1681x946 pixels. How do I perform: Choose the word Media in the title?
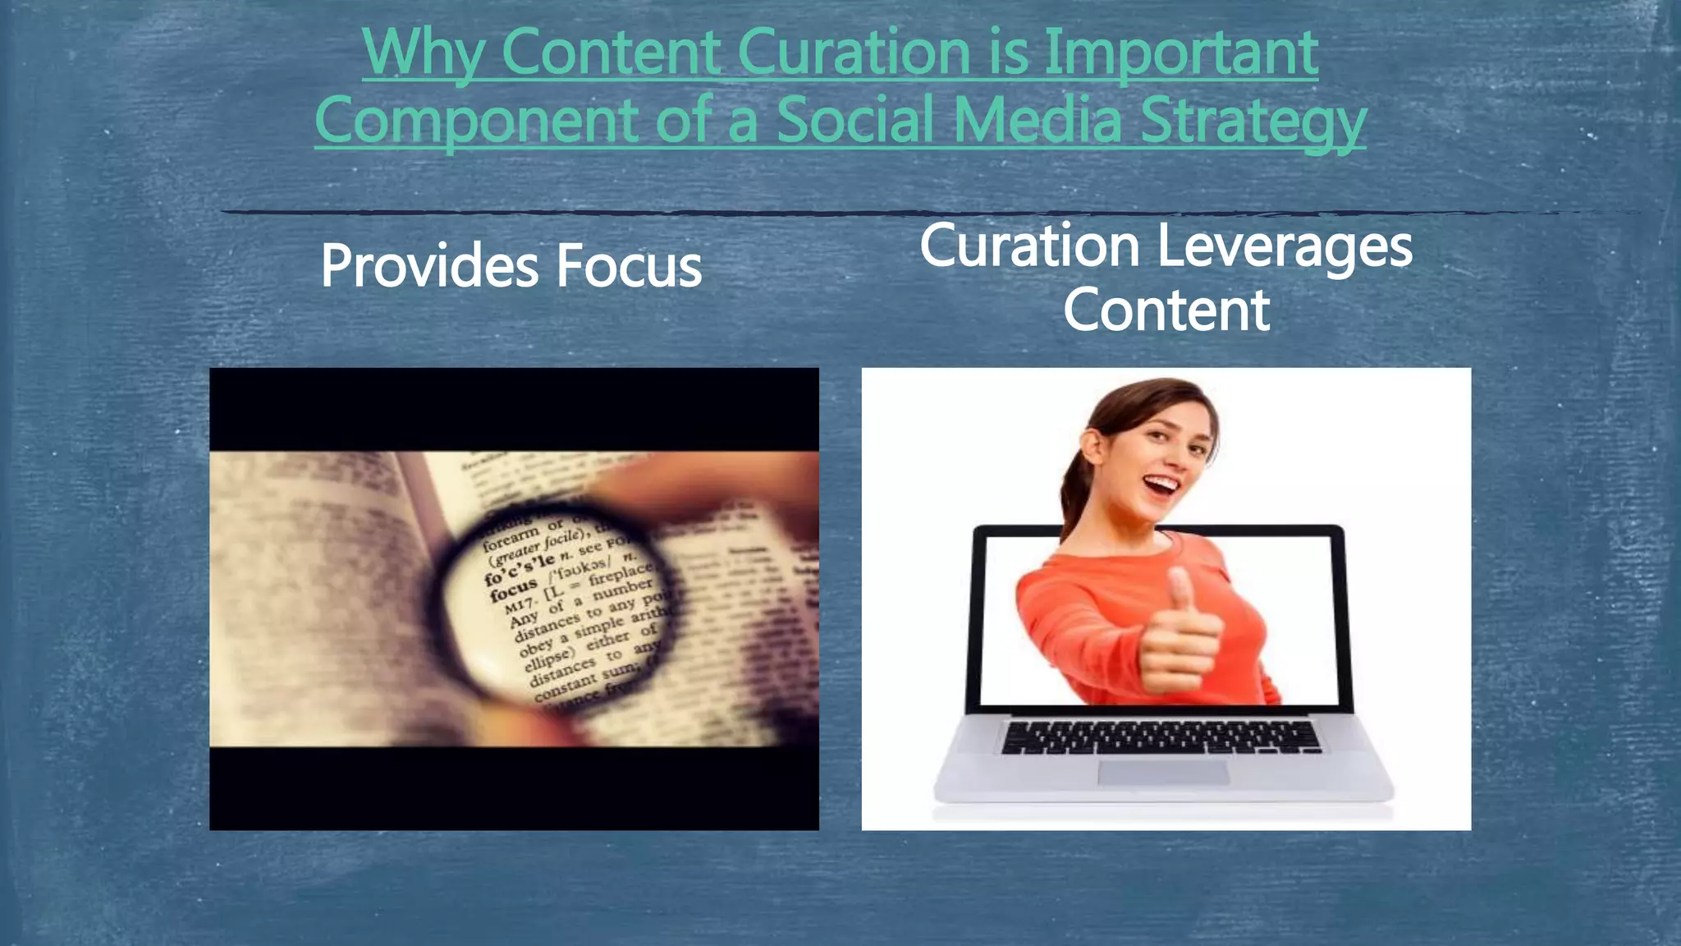(x=1037, y=120)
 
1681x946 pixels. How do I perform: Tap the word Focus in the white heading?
(x=629, y=266)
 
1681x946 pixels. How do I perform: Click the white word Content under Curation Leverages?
(x=1166, y=310)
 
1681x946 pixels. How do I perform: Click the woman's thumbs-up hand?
(x=1179, y=632)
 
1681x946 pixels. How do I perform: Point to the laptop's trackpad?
(x=1163, y=772)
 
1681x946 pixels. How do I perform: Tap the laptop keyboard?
(x=1161, y=737)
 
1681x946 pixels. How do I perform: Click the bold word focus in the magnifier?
(x=513, y=590)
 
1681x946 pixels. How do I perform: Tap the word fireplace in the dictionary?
(x=621, y=573)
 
